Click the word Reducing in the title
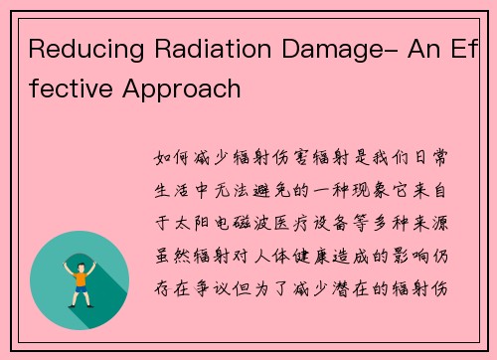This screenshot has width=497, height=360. (79, 50)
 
